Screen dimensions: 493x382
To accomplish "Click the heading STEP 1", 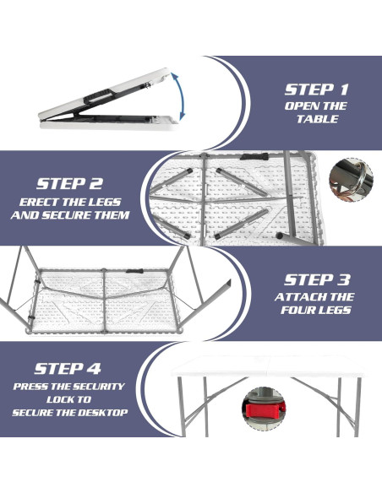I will [315, 89].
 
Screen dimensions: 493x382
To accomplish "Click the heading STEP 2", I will [69, 183].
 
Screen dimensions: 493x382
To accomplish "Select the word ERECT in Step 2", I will [37, 202].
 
